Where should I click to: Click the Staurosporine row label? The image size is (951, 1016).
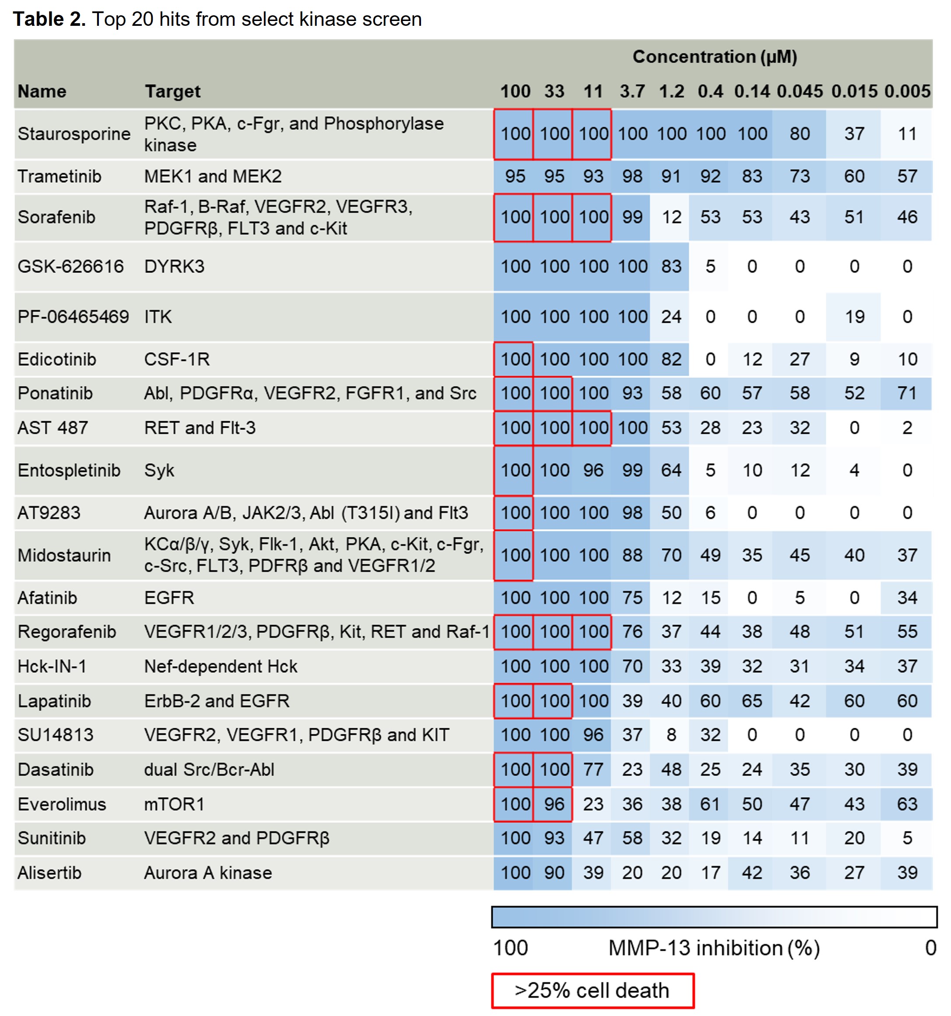point(74,134)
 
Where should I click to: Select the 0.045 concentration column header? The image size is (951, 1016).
point(800,91)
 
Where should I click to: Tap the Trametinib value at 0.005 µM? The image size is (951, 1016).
point(907,176)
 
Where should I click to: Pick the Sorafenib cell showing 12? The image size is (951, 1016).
point(671,217)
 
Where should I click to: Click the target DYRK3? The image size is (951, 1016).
point(174,266)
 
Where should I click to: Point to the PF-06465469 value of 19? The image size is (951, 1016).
point(854,317)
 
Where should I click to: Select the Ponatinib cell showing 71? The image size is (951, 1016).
point(907,393)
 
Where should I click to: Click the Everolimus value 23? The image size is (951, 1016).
point(593,804)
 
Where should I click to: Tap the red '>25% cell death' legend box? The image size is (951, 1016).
point(593,991)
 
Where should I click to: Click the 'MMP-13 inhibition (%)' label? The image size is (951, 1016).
point(714,948)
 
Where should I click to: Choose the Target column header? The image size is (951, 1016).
point(172,91)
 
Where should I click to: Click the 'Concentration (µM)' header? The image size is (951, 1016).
point(714,57)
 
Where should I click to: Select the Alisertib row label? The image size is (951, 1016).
point(49,873)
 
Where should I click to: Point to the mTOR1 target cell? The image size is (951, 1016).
point(174,804)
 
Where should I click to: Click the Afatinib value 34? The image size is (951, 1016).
point(907,597)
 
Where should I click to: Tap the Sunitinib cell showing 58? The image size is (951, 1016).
point(632,838)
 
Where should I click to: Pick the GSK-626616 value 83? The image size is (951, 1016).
point(671,266)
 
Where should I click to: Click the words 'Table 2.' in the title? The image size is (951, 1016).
point(49,19)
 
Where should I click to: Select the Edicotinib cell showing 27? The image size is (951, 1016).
point(800,359)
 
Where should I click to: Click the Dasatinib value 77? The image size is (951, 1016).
point(593,769)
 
